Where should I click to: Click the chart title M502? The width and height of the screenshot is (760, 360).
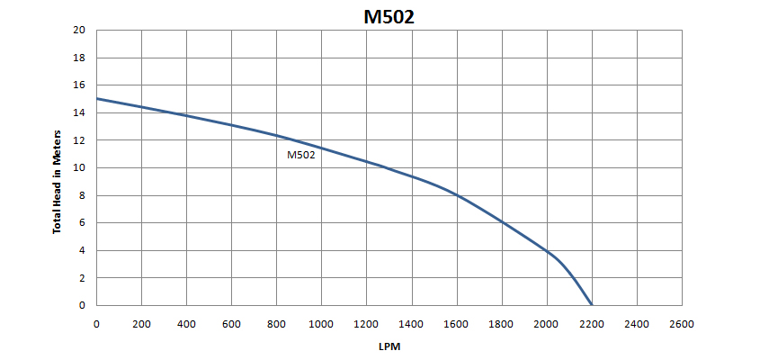pyautogui.click(x=389, y=17)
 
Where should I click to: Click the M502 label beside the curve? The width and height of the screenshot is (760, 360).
pyautogui.click(x=301, y=156)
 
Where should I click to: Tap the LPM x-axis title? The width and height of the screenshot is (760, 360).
pyautogui.click(x=389, y=346)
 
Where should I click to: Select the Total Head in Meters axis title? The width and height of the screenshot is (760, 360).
pyautogui.click(x=58, y=182)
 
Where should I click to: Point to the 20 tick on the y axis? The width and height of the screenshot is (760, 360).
pyautogui.click(x=79, y=30)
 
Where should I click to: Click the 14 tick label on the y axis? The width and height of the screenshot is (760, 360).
pyautogui.click(x=79, y=112)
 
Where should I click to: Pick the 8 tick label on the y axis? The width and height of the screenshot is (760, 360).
pyautogui.click(x=83, y=195)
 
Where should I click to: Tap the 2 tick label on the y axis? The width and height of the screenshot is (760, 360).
pyautogui.click(x=83, y=278)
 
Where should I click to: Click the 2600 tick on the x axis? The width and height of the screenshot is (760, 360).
pyautogui.click(x=682, y=324)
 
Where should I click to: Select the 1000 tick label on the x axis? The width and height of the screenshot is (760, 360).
pyautogui.click(x=321, y=324)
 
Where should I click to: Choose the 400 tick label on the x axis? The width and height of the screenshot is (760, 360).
pyautogui.click(x=186, y=324)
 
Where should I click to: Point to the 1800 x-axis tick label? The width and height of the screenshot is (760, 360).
pyautogui.click(x=502, y=324)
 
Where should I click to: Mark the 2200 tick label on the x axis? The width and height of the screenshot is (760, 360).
pyautogui.click(x=592, y=324)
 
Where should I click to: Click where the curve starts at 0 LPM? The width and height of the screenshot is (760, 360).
pyautogui.click(x=97, y=98)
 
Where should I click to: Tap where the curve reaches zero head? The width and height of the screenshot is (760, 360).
pyautogui.click(x=592, y=305)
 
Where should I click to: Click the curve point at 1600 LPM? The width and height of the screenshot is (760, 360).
pyautogui.click(x=457, y=195)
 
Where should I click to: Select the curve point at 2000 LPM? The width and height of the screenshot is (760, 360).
pyautogui.click(x=547, y=251)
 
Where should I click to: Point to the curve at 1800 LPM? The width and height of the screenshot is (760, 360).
pyautogui.click(x=502, y=222)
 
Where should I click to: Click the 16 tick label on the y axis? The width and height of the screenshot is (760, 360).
pyautogui.click(x=79, y=85)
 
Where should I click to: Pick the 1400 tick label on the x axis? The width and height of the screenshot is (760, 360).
pyautogui.click(x=412, y=324)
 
